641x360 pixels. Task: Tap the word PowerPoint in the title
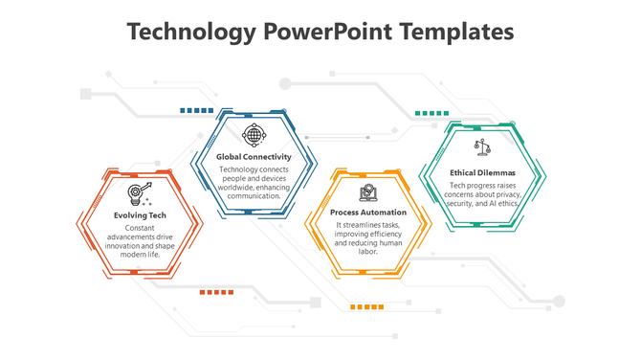pyautogui.click(x=318, y=32)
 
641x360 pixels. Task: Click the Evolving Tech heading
pyautogui.click(x=140, y=215)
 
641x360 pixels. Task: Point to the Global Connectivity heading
pyautogui.click(x=254, y=156)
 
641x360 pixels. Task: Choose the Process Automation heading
pyautogui.click(x=368, y=212)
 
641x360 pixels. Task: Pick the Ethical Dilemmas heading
pyautogui.click(x=483, y=172)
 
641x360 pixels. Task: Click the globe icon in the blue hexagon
pyautogui.click(x=253, y=133)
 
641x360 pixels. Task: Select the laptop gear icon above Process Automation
pyautogui.click(x=367, y=191)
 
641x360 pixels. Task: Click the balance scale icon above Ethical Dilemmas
pyautogui.click(x=482, y=148)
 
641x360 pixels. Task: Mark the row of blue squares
pyautogui.click(x=196, y=111)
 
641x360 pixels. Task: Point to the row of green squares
pyautogui.click(x=431, y=113)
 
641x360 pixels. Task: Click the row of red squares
pyautogui.click(x=216, y=292)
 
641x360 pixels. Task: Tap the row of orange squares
pyautogui.click(x=367, y=306)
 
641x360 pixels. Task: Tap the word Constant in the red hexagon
pyautogui.click(x=140, y=228)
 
